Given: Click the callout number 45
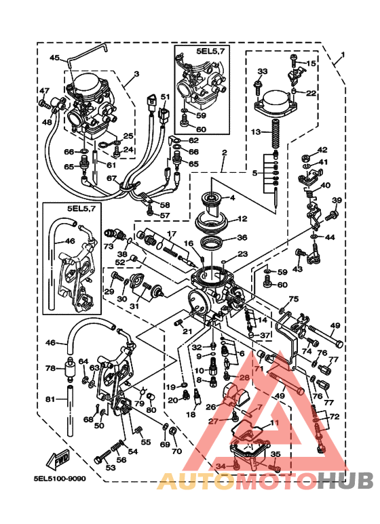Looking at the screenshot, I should pyautogui.click(x=54, y=58).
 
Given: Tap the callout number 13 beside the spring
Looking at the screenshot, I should pyautogui.click(x=256, y=131).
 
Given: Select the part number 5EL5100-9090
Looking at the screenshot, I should pyautogui.click(x=60, y=479).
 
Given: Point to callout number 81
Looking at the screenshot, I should pyautogui.click(x=50, y=399).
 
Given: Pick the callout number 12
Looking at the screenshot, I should pyautogui.click(x=242, y=219).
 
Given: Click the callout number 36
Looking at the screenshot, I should pyautogui.click(x=242, y=238).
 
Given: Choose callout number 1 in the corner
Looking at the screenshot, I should pyautogui.click(x=343, y=55).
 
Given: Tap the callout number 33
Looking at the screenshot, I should pyautogui.click(x=263, y=71).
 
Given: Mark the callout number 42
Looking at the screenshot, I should pyautogui.click(x=322, y=150).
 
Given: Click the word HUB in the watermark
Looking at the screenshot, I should pyautogui.click(x=345, y=481).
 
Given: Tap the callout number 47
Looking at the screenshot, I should pyautogui.click(x=44, y=91).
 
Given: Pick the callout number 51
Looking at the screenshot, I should pyautogui.click(x=164, y=97).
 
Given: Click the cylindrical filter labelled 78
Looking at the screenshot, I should pyautogui.click(x=69, y=373).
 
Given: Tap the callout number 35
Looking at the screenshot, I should pyautogui.click(x=275, y=454).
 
